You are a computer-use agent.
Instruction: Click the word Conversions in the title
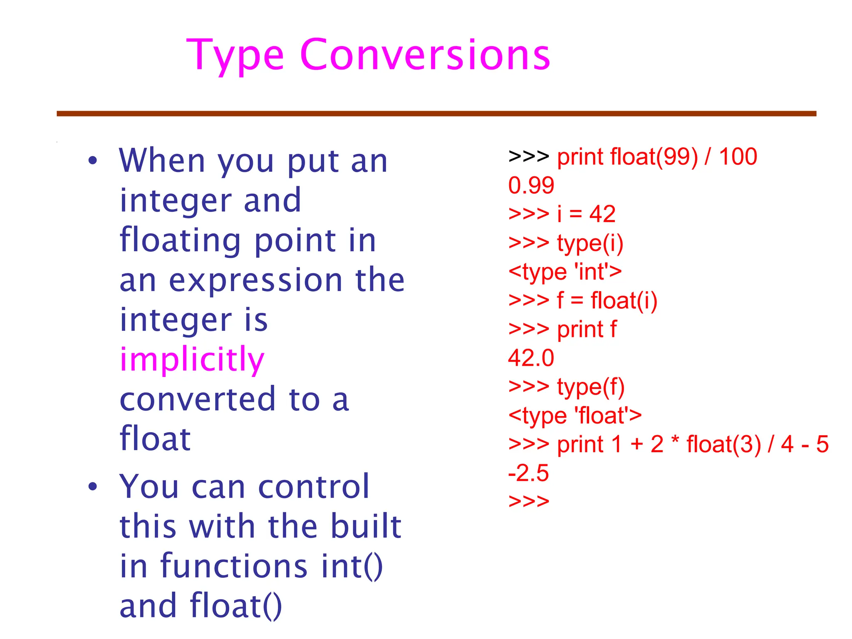click(425, 55)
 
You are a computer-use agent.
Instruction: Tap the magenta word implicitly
click(192, 360)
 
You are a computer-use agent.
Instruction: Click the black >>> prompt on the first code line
click(529, 157)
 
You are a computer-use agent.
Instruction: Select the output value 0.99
click(531, 186)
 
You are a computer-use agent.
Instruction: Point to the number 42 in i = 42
click(602, 215)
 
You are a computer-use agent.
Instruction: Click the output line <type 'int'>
click(565, 272)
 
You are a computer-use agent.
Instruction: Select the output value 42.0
click(531, 358)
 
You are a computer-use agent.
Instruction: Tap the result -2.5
click(528, 473)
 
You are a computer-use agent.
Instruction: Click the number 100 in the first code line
click(738, 157)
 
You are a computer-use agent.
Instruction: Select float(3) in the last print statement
click(723, 445)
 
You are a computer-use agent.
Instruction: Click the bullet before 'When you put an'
click(92, 161)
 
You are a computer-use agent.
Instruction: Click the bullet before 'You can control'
click(92, 486)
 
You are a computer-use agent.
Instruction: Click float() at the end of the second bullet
click(236, 606)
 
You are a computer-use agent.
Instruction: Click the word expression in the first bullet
click(255, 280)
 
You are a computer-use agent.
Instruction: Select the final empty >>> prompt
click(529, 501)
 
